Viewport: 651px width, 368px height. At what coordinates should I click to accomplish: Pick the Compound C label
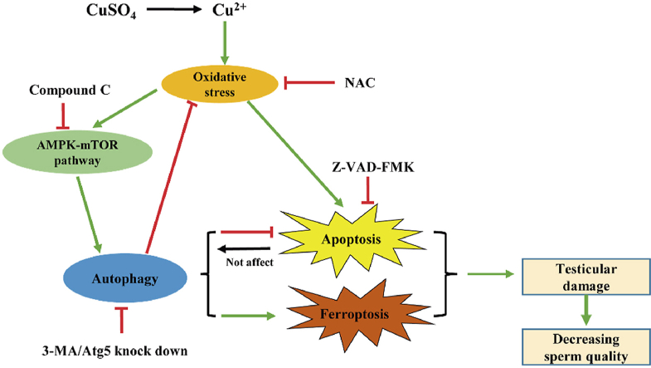(62, 89)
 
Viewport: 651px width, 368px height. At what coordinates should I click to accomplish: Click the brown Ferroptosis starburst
(357, 316)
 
